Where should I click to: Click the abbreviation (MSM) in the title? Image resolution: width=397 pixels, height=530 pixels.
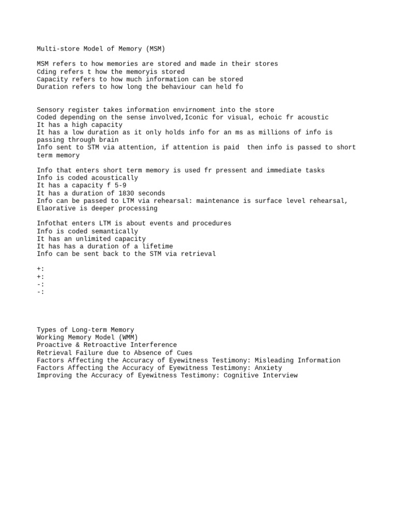coord(156,49)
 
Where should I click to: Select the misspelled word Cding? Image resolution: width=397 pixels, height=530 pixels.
coord(47,71)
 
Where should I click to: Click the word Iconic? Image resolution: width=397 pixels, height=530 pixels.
coord(196,117)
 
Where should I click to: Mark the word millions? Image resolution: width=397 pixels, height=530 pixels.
coord(270,132)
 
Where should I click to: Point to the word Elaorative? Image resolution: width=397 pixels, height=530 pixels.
coord(56,208)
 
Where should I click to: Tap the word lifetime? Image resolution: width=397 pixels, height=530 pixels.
coord(156,246)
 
